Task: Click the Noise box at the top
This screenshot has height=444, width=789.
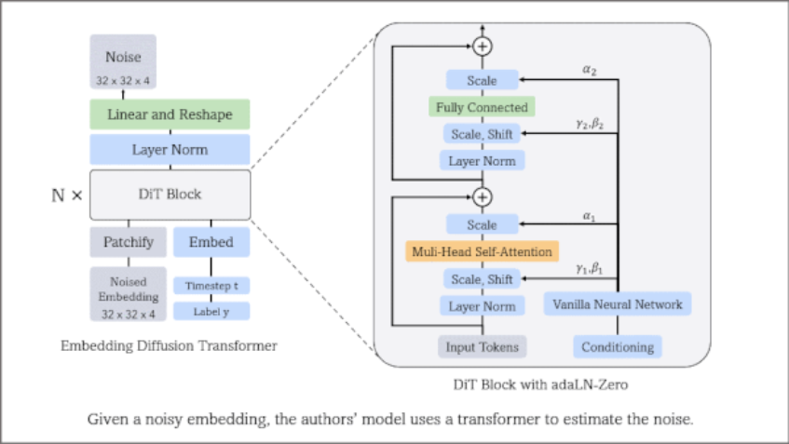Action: [123, 61]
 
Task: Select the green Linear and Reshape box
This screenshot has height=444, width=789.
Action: [170, 114]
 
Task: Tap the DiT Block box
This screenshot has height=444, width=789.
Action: [170, 195]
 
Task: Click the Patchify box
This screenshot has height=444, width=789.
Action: [128, 242]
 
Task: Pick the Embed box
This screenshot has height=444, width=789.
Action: [211, 242]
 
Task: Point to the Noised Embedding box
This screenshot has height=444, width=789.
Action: [128, 294]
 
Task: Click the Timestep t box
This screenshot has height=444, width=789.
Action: [211, 286]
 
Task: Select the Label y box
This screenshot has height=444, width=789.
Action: [211, 311]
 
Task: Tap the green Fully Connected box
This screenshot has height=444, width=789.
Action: [482, 107]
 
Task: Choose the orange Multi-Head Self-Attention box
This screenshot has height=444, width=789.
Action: [482, 251]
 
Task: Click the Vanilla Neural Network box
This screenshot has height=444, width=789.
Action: [618, 304]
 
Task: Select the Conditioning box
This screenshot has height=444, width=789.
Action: [618, 347]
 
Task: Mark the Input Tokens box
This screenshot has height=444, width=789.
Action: [482, 347]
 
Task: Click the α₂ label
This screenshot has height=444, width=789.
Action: [590, 69]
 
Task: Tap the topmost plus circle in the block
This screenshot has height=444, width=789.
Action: [482, 46]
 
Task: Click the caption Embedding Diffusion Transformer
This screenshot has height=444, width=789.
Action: [169, 346]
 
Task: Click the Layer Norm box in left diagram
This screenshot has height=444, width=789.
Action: [170, 149]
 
